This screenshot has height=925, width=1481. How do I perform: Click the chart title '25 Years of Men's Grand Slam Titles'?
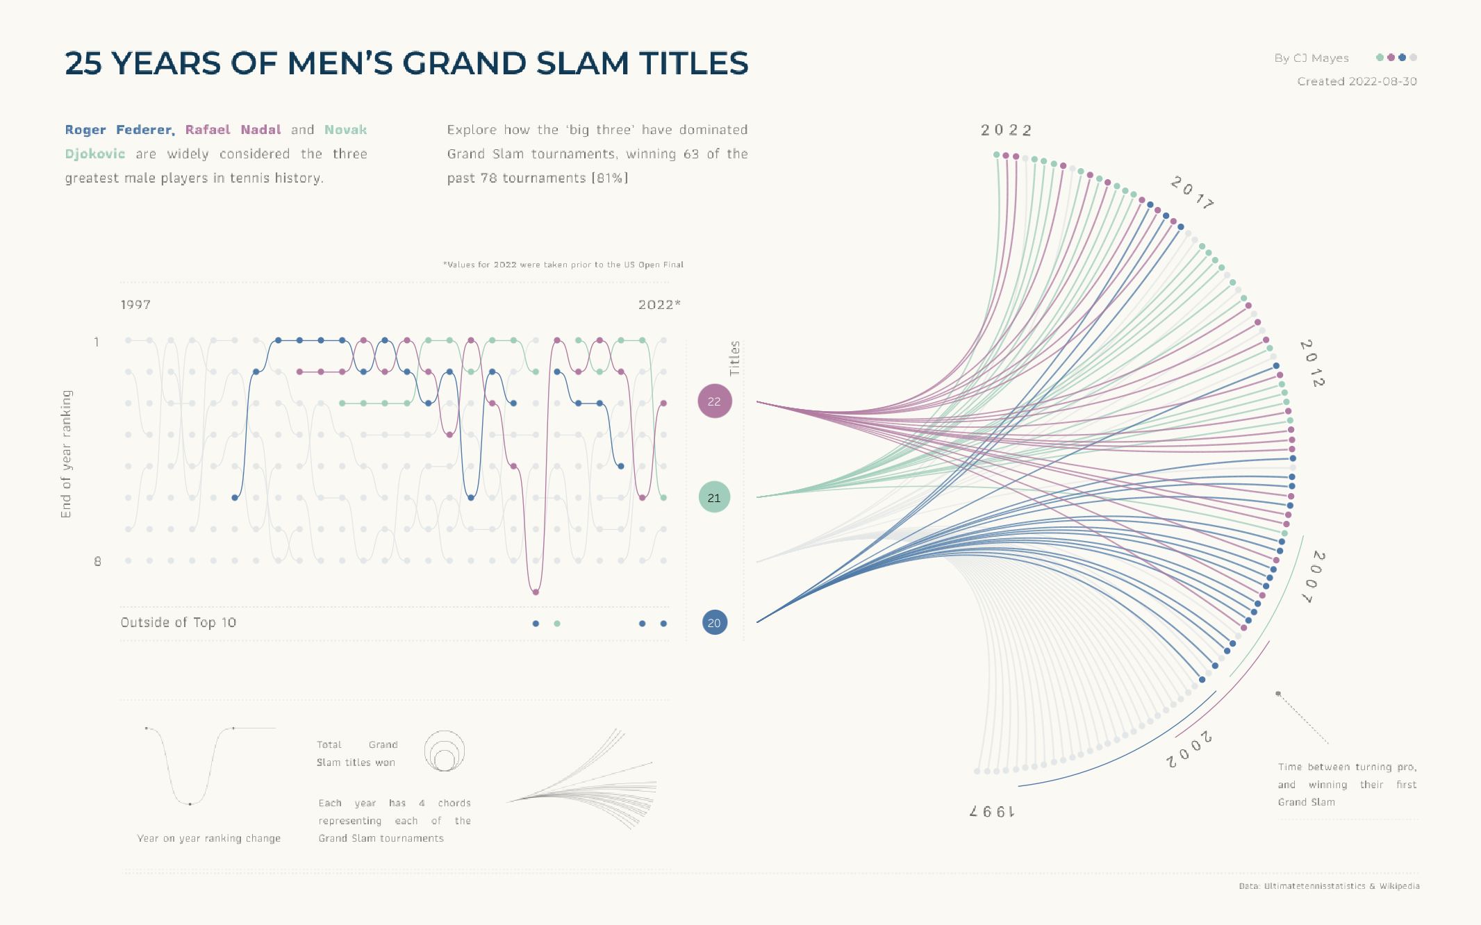[406, 63]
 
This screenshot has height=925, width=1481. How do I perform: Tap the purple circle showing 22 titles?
[714, 401]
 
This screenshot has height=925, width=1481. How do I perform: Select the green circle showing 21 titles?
[714, 497]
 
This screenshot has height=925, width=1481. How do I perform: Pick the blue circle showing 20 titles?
[714, 623]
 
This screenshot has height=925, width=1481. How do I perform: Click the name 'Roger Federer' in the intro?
[119, 130]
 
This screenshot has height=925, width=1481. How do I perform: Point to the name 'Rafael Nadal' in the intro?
[233, 130]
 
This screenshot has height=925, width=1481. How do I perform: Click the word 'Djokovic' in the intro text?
[95, 154]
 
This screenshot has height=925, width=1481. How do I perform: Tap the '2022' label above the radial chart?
[1006, 131]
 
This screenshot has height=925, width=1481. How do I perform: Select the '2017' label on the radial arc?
[1192, 192]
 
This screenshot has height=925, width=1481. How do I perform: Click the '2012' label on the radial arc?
[1312, 363]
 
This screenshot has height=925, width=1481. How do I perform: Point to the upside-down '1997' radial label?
[992, 810]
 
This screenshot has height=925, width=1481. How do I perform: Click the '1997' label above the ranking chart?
[135, 305]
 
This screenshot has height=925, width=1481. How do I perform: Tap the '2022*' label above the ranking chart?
[659, 305]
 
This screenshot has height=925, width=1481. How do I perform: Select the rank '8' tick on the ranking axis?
[97, 561]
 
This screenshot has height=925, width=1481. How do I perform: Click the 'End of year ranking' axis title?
[66, 453]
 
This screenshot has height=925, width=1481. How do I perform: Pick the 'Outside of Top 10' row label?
[179, 623]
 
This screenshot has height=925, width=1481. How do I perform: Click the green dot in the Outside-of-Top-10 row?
[557, 624]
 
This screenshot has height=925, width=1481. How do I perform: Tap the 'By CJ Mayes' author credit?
[1312, 58]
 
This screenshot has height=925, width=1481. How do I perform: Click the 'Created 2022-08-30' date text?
[1357, 81]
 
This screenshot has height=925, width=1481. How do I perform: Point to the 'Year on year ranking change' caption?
[208, 838]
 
